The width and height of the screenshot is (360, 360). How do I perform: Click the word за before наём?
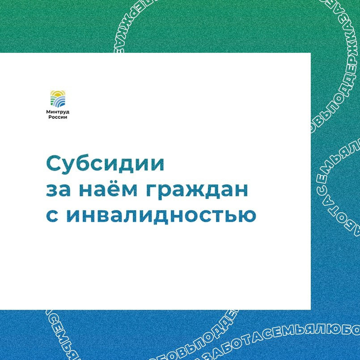[x=56, y=189]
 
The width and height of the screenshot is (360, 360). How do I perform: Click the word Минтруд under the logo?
[x=58, y=111]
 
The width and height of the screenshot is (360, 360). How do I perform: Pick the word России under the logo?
[x=58, y=117]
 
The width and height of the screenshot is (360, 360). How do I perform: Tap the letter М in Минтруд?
[x=48, y=111]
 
